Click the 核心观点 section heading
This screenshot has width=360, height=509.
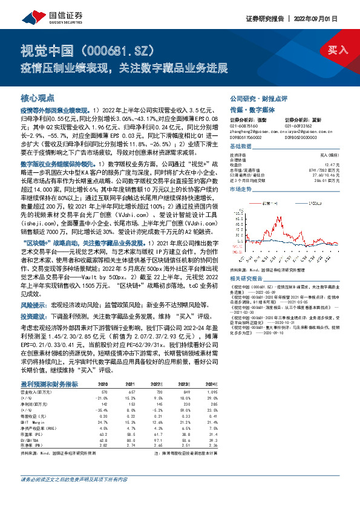(38, 97)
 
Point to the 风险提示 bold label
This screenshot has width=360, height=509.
(34, 305)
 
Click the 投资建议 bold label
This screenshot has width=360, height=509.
(34, 316)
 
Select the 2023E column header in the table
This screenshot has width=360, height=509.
(185, 384)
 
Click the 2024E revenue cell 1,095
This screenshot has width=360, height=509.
(211, 392)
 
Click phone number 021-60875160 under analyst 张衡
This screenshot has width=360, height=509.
(243, 129)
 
